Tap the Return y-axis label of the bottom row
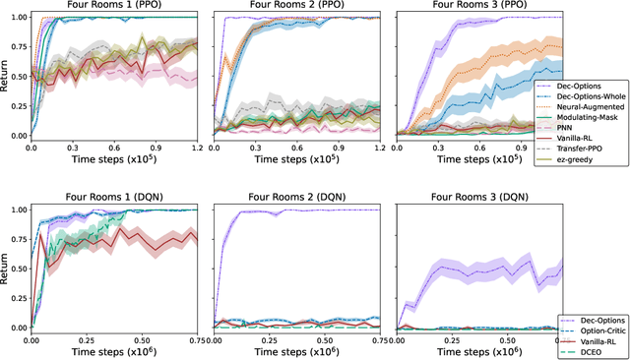[x=7, y=266]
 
